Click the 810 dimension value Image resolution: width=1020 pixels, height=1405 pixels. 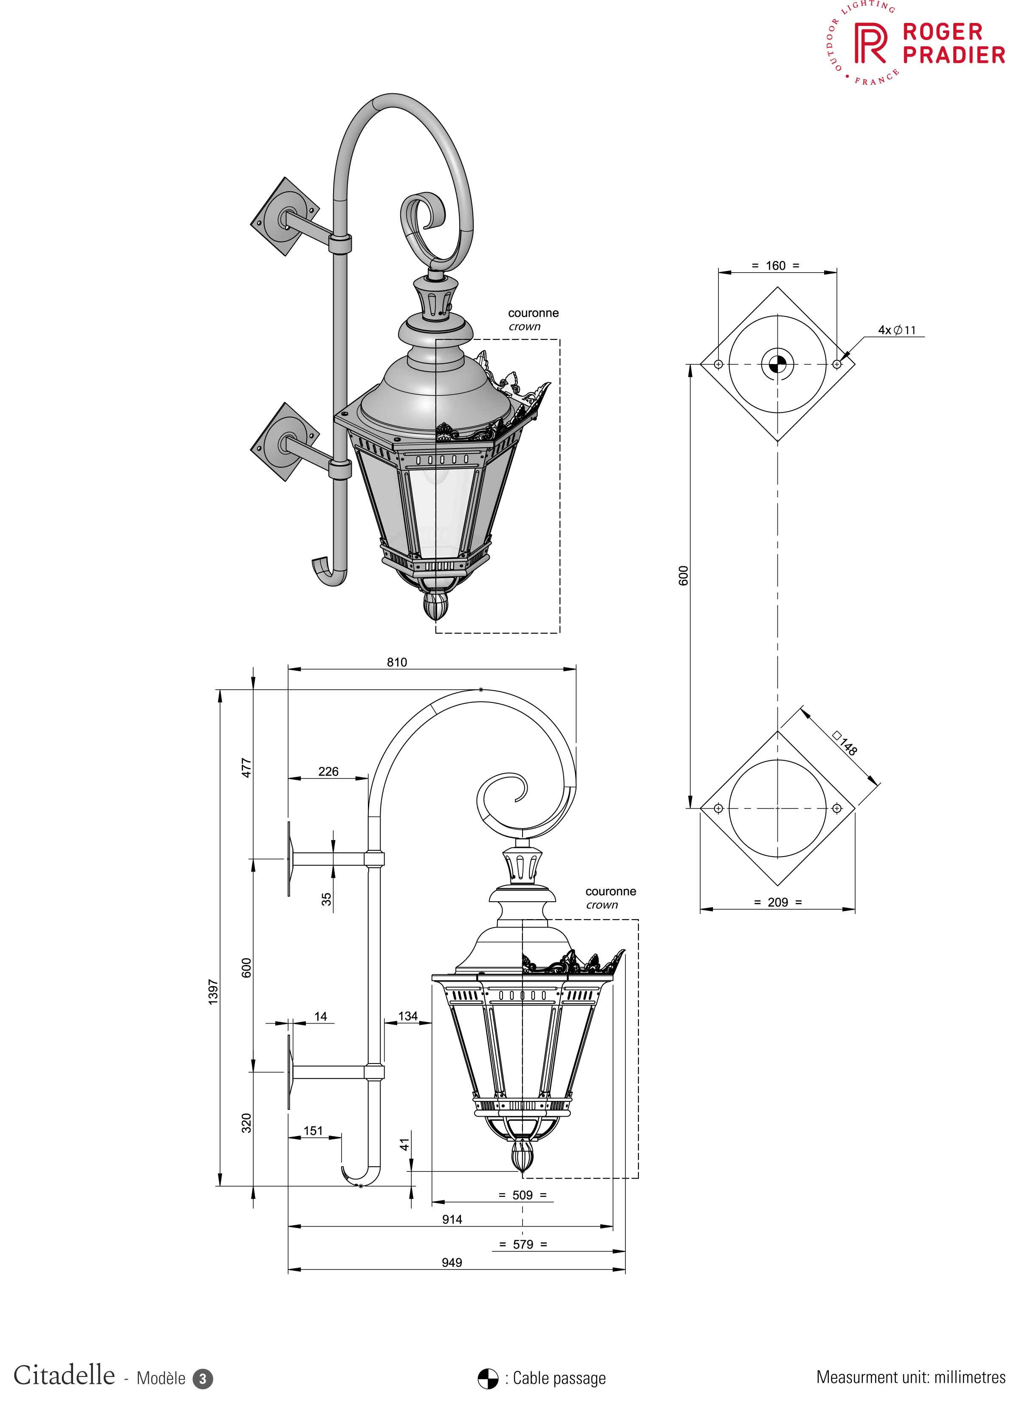coord(397,662)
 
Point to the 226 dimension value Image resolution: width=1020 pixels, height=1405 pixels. coord(328,771)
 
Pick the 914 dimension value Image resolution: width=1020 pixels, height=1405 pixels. coord(452,1219)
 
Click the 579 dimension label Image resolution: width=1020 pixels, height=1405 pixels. coord(523,1244)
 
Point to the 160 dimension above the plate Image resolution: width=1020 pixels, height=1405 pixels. coord(775,266)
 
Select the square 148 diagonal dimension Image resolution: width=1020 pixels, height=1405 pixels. coord(846,743)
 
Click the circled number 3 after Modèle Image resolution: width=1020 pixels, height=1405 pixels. coord(203,1379)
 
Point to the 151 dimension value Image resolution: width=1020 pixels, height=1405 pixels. coord(313,1131)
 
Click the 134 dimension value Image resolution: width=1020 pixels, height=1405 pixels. coord(408,1016)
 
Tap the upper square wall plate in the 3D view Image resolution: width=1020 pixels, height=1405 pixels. coord(285,216)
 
